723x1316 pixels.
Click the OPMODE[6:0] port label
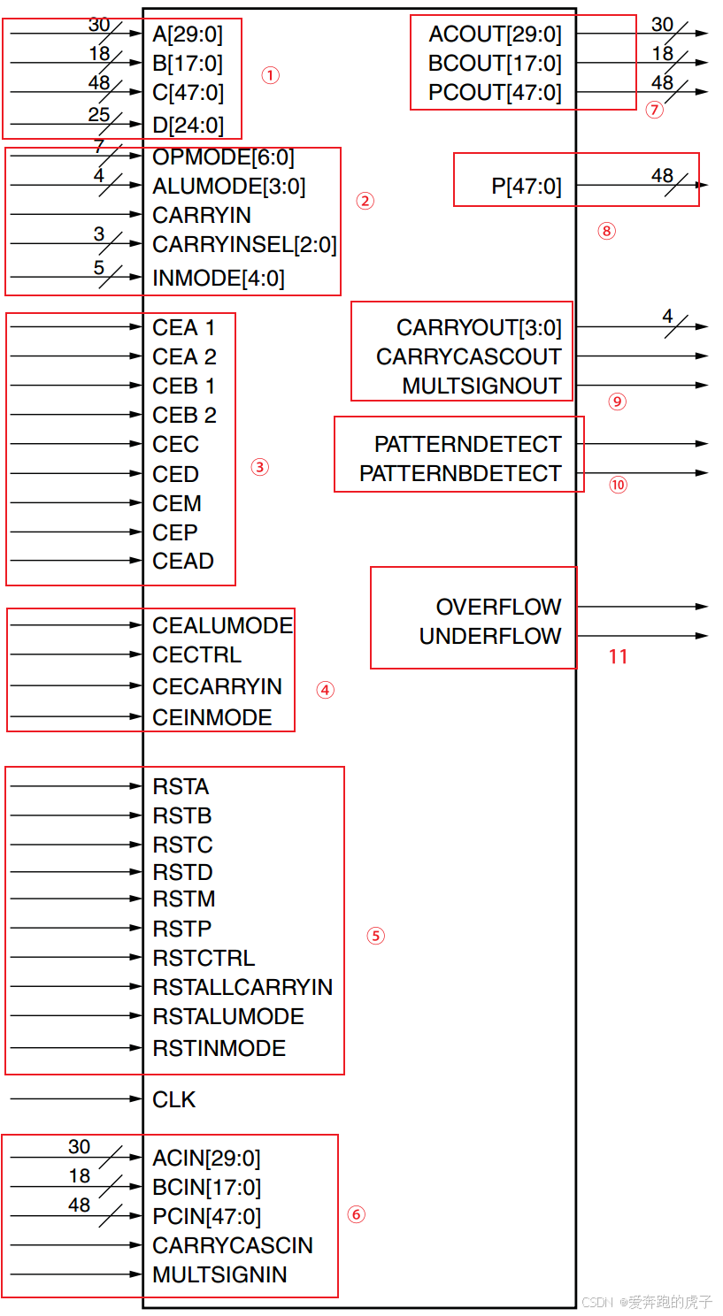coord(223,157)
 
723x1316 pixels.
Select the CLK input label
coord(174,1099)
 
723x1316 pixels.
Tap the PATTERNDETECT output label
coord(467,444)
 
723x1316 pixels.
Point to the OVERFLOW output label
coord(498,607)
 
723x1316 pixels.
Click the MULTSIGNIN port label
coord(219,1274)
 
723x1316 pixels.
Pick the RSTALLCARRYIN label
coord(242,987)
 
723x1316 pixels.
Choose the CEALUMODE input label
coord(222,625)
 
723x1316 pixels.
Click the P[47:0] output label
coord(526,187)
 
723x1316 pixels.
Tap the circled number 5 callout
coord(376,936)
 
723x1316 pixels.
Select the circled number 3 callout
coord(259,467)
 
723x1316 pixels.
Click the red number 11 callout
coord(618,656)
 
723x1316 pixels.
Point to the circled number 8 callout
coord(606,231)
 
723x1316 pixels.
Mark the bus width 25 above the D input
coord(99,114)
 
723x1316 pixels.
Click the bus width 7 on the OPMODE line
coord(99,146)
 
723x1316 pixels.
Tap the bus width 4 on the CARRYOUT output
coord(667,316)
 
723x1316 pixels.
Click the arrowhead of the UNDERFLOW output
coord(703,636)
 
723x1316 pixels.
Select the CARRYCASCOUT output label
coord(468,356)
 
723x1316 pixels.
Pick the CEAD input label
coord(183,561)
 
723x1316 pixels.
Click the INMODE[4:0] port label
coord(219,279)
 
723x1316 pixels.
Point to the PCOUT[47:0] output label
coord(495,92)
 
